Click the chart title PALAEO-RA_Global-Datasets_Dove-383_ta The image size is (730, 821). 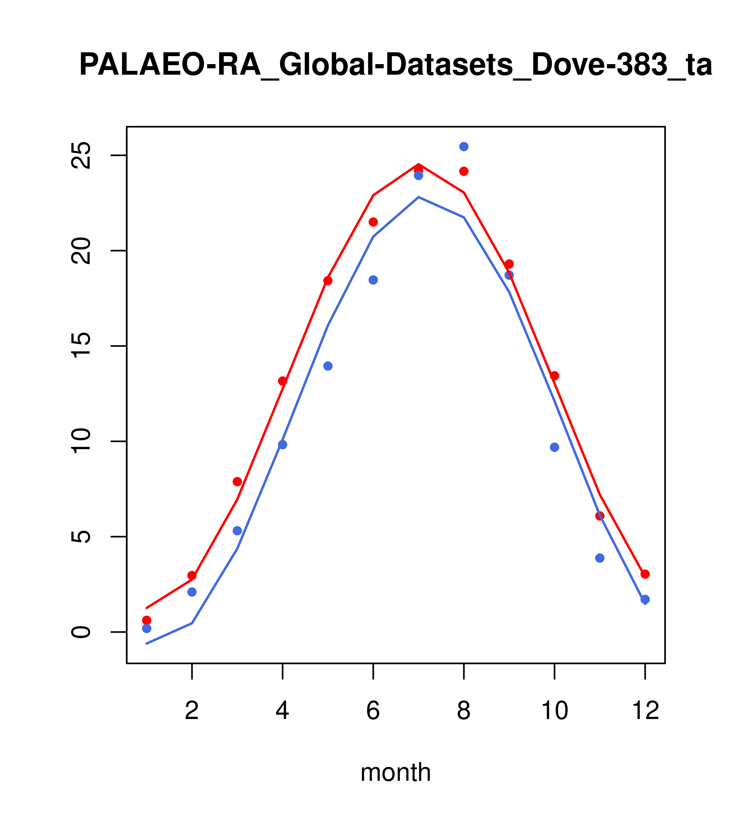tap(396, 65)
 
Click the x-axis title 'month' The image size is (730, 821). tap(395, 772)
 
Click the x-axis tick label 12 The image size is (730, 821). tap(645, 711)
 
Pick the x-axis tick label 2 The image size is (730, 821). tap(192, 711)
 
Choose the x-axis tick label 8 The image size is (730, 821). tap(464, 711)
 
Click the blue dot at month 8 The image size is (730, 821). tap(464, 147)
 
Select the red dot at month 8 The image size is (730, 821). tap(464, 171)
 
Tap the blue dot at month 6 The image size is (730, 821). tap(373, 280)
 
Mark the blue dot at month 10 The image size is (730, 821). tap(554, 447)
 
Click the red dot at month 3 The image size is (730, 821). tap(237, 481)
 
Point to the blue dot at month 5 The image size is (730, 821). tap(328, 366)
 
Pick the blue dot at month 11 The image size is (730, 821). tap(600, 558)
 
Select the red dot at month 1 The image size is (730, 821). tap(147, 620)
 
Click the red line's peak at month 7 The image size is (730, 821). tap(419, 165)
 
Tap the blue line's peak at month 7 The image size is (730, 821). tap(419, 197)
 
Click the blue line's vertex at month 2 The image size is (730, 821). tap(192, 623)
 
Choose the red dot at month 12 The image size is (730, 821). tap(645, 574)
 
